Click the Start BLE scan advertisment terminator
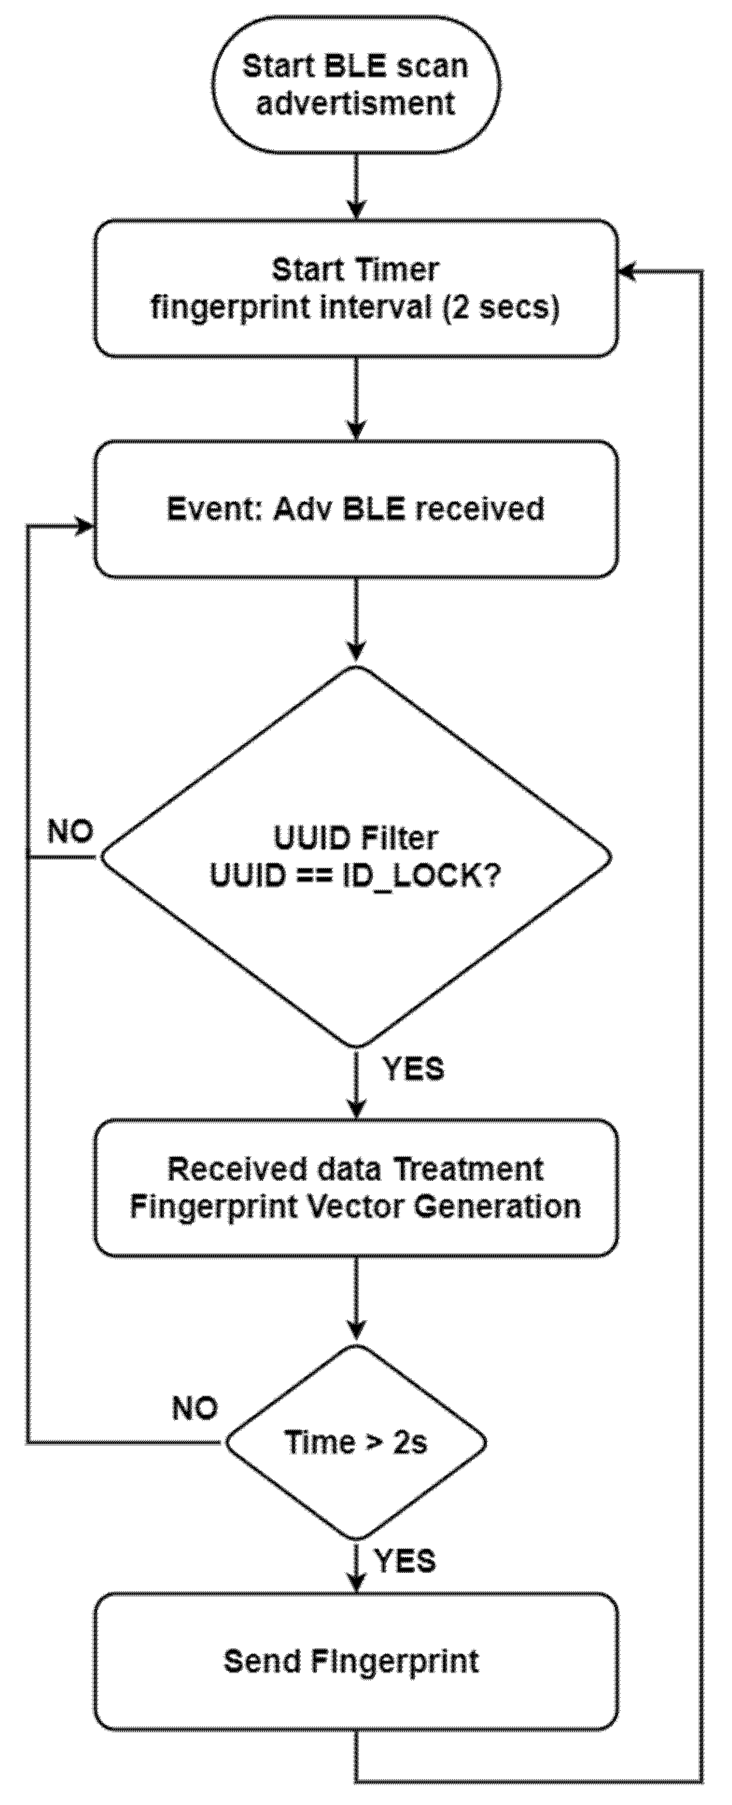(x=356, y=85)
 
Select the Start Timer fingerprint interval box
(x=356, y=288)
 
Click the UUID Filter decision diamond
(x=356, y=856)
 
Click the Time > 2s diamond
(x=356, y=1442)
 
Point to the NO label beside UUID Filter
(x=70, y=832)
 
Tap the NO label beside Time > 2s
(x=195, y=1409)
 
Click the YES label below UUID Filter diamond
(x=413, y=1069)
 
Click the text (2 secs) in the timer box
(x=502, y=307)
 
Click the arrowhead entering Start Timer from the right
(x=626, y=271)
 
